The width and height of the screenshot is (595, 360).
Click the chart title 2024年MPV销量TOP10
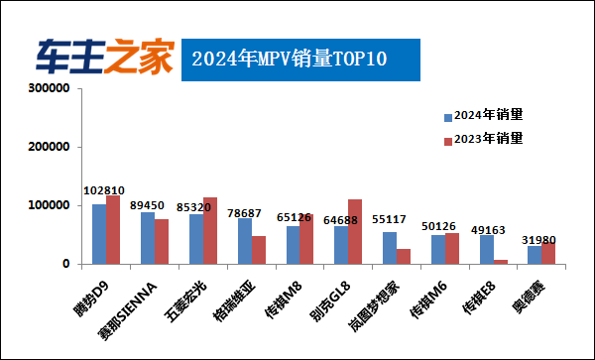coord(289,59)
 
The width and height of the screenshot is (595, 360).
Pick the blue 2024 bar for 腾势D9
coord(99,235)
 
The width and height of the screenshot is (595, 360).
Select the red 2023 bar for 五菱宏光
coord(210,231)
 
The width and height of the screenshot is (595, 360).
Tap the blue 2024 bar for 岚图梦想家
coord(390,248)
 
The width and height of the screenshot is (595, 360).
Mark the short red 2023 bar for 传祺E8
coord(501,262)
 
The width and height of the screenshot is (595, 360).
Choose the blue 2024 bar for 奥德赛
coord(535,255)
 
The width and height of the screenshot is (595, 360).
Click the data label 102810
coord(104,190)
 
